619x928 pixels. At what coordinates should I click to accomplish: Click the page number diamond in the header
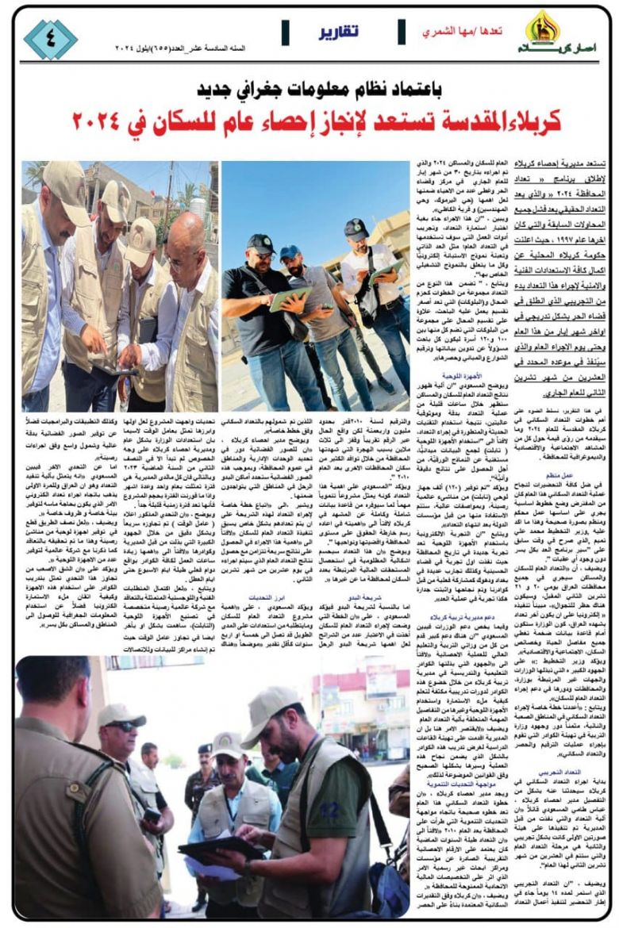[x=50, y=39]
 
